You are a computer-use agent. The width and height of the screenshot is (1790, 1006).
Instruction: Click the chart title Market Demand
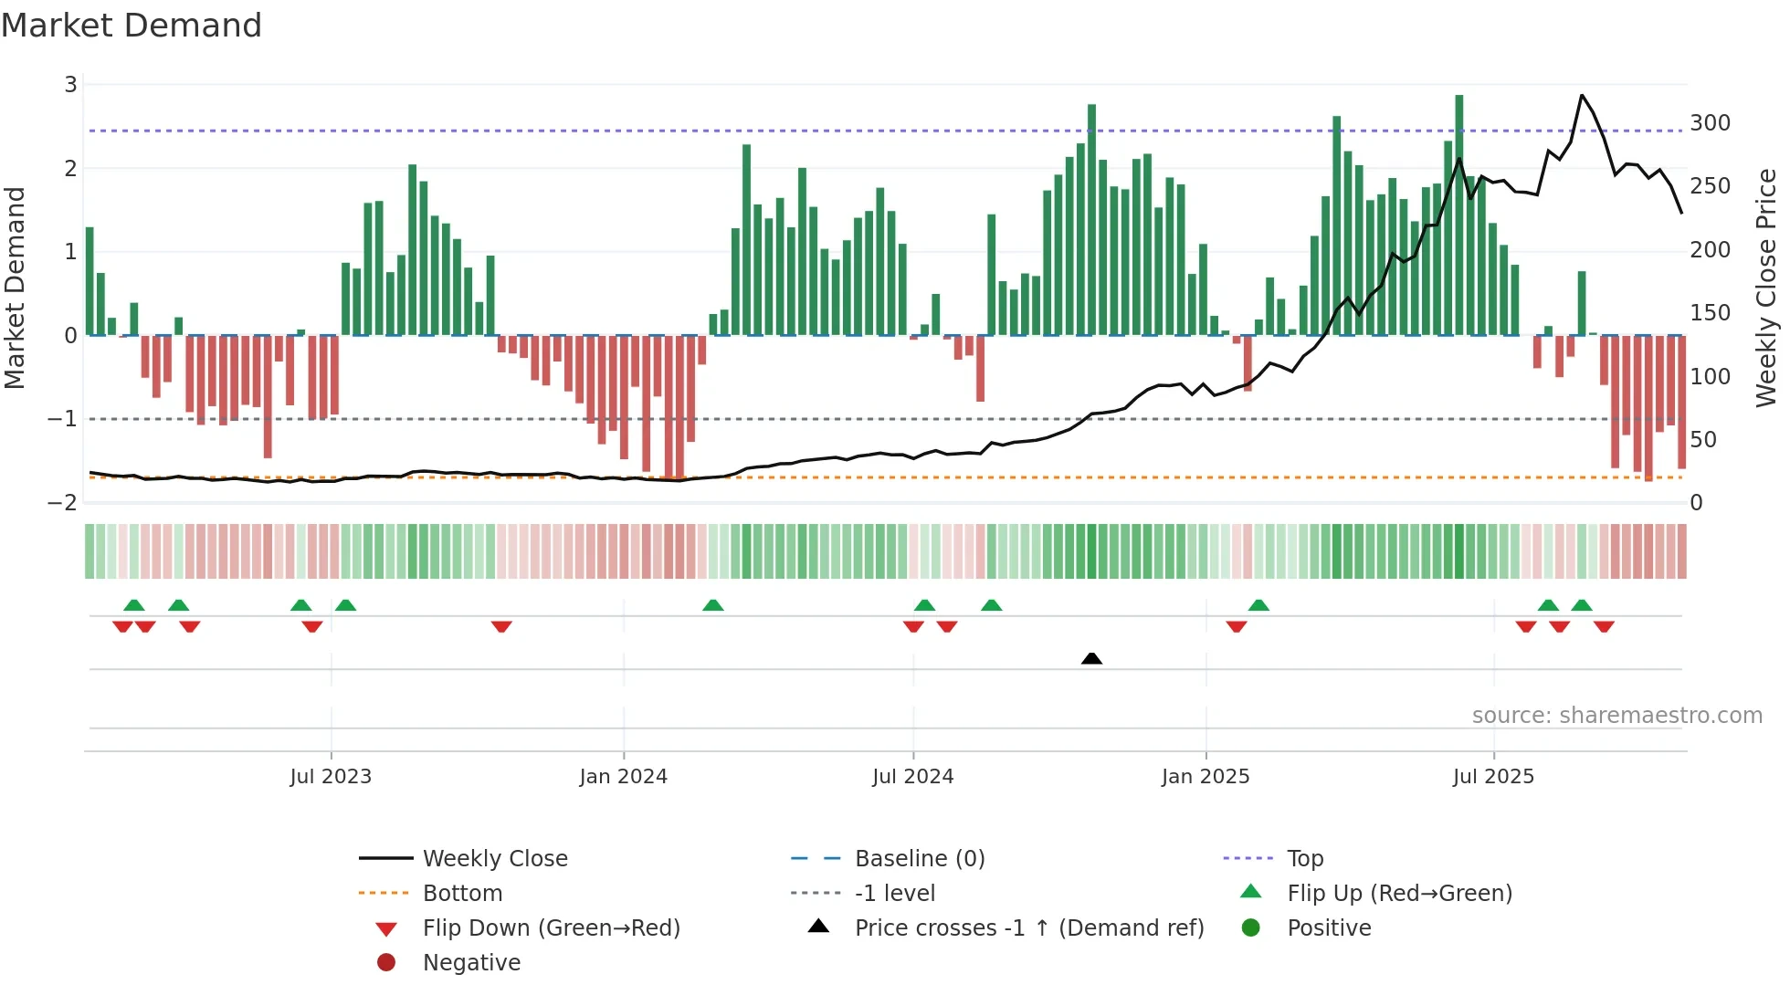click(x=132, y=26)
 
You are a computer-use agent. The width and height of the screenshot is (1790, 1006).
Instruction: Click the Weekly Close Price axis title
click(x=1766, y=288)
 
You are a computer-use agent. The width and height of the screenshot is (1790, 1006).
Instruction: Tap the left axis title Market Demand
click(x=15, y=288)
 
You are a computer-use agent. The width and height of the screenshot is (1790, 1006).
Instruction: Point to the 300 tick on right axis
click(x=1710, y=123)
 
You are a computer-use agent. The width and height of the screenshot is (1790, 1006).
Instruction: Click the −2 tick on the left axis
click(x=62, y=503)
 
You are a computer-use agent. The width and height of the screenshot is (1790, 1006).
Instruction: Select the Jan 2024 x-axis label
click(x=623, y=777)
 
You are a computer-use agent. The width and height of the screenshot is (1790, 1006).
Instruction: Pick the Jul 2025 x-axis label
click(x=1493, y=777)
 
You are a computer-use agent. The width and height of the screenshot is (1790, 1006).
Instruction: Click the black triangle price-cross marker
click(x=1091, y=658)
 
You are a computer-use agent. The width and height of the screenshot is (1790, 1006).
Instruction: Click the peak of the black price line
click(x=1582, y=95)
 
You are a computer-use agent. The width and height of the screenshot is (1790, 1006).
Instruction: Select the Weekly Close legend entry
click(x=494, y=859)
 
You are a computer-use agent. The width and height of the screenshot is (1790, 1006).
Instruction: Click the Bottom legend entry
click(x=462, y=894)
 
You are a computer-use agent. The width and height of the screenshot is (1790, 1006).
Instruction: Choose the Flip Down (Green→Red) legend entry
click(x=551, y=928)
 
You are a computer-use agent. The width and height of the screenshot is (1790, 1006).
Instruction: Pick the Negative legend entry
click(x=471, y=963)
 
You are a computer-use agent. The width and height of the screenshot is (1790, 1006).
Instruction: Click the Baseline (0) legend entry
click(x=919, y=859)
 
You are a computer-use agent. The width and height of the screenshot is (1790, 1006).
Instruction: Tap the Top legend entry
click(x=1304, y=859)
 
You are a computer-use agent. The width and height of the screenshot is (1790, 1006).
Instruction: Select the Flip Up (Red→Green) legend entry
click(x=1399, y=894)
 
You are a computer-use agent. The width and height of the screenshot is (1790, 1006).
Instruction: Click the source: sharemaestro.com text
click(x=1616, y=716)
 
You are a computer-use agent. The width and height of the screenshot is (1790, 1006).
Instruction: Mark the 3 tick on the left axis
click(x=70, y=85)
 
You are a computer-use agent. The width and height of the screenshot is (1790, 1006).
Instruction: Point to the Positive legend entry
click(x=1329, y=928)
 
